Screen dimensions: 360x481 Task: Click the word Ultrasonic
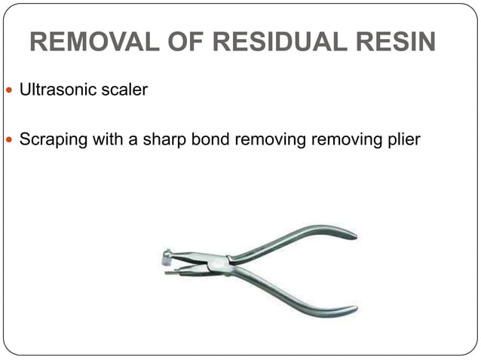(56, 90)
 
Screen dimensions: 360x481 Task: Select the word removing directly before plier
(346, 139)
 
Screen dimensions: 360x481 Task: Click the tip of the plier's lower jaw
(167, 273)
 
